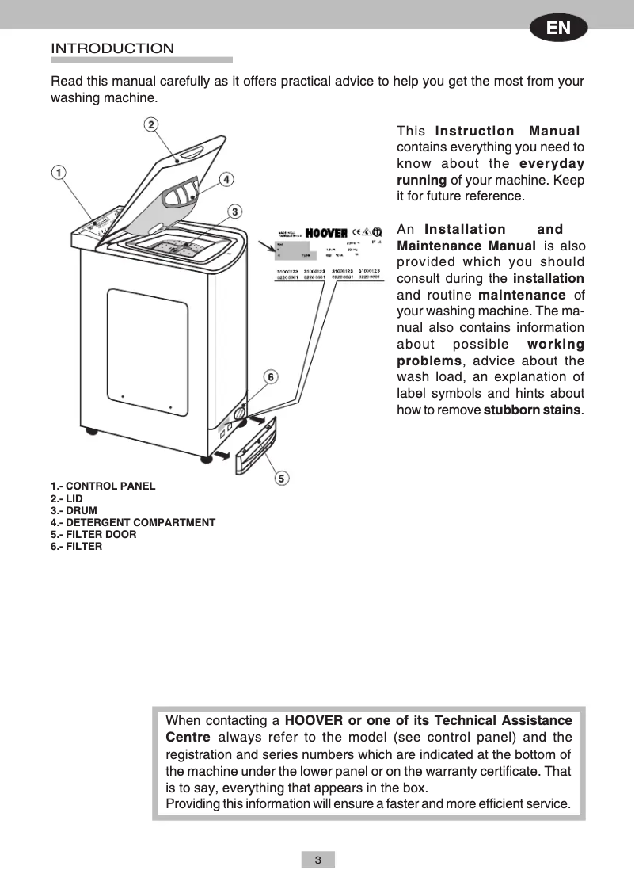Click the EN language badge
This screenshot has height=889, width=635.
click(x=558, y=28)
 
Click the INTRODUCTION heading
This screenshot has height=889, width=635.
click(x=112, y=48)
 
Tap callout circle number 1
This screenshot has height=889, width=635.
click(x=59, y=173)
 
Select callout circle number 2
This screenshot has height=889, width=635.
click(x=151, y=124)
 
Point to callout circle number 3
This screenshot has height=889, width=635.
click(x=235, y=211)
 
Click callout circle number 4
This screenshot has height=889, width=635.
click(x=226, y=179)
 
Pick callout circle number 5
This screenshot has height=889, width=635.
click(x=282, y=478)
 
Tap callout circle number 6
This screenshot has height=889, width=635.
click(x=271, y=377)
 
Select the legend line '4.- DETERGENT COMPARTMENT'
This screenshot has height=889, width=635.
click(x=133, y=523)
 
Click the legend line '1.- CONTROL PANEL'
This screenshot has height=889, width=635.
click(x=103, y=486)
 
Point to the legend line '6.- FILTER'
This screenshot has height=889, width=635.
click(x=77, y=547)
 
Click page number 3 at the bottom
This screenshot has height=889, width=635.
click(x=317, y=860)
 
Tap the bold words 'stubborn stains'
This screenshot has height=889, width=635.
click(x=532, y=410)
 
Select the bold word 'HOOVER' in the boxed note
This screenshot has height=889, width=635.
click(x=314, y=721)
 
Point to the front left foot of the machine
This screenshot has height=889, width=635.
click(x=93, y=433)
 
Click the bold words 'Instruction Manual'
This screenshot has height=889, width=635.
click(x=508, y=131)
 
